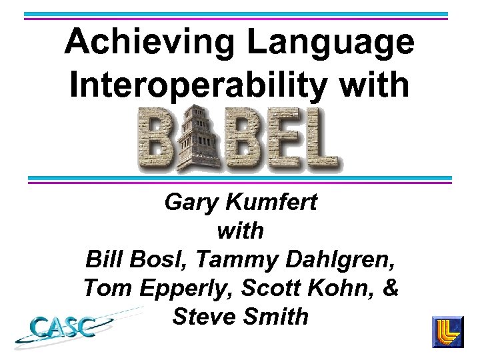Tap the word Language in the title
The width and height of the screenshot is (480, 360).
(x=331, y=43)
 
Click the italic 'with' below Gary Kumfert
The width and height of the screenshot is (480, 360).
(x=240, y=231)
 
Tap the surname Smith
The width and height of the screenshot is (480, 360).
(x=277, y=316)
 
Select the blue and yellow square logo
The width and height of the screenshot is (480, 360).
(x=449, y=332)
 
